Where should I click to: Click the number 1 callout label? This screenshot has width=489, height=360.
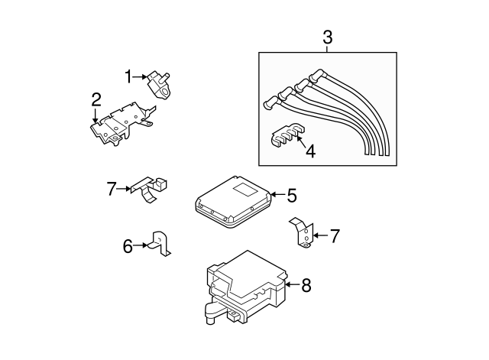[x=129, y=76]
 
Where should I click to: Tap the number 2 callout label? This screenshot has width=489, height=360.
[x=96, y=99]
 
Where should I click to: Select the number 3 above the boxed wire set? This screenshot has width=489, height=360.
[x=327, y=37]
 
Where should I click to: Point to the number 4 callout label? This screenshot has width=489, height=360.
[x=309, y=151]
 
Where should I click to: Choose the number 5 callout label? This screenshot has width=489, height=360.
[x=291, y=196]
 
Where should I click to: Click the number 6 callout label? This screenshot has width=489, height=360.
[x=128, y=245]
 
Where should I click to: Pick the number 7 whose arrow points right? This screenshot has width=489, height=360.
[x=111, y=186]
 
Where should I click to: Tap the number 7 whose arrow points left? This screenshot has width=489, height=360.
[x=334, y=236]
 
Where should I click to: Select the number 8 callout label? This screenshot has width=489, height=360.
[x=306, y=286]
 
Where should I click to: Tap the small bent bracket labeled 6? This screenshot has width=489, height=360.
[x=162, y=242]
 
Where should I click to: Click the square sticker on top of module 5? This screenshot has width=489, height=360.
[x=246, y=187]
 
